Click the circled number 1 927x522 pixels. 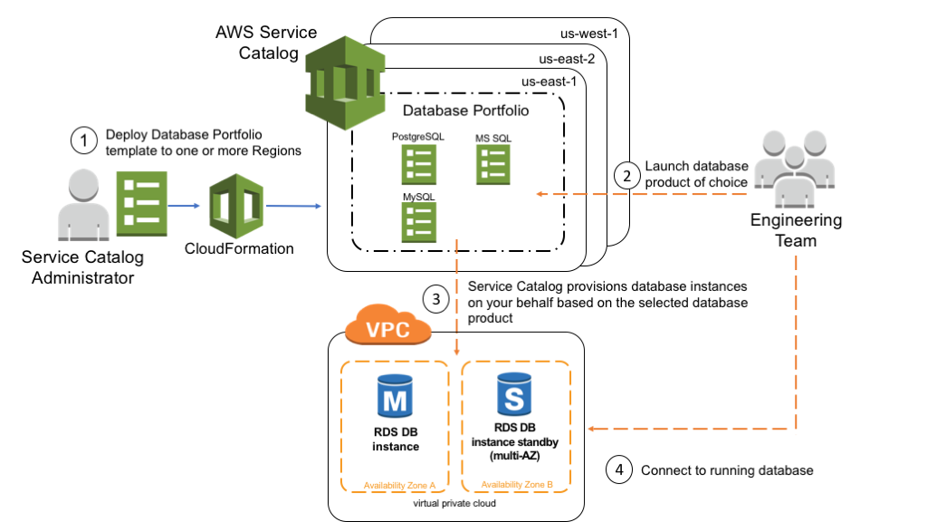tap(84, 140)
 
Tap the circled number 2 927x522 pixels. tap(626, 176)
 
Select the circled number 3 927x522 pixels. tap(436, 299)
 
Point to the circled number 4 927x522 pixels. tap(619, 470)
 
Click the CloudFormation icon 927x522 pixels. tap(236, 206)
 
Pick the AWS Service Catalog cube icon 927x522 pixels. tap(345, 82)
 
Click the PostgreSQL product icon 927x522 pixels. tap(419, 165)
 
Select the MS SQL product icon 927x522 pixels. tap(493, 165)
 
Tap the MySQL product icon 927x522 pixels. tap(419, 223)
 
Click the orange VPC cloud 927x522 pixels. tap(387, 325)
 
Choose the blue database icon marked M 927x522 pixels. tap(395, 396)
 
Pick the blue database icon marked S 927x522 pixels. tap(514, 394)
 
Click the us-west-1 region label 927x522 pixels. tap(588, 34)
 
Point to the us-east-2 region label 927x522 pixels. tap(567, 59)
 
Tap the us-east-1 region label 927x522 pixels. tap(549, 82)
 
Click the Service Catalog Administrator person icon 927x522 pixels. tap(83, 205)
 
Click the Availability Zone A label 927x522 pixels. tap(399, 486)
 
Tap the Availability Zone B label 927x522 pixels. tap(517, 484)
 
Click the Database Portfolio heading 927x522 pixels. tap(466, 111)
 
